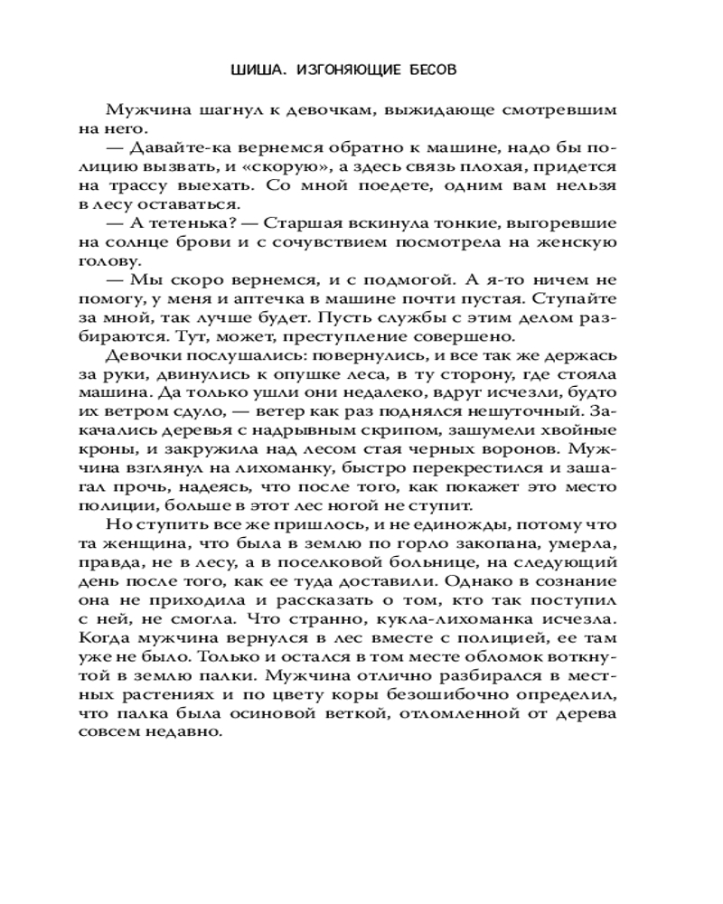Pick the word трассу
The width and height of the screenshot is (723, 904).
pos(158,185)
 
